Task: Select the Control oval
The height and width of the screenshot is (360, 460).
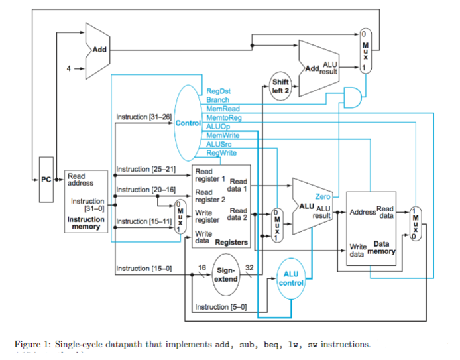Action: (188, 124)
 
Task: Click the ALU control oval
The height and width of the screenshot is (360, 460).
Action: (290, 278)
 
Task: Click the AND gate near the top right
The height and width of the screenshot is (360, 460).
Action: (351, 98)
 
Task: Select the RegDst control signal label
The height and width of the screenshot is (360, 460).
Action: (218, 90)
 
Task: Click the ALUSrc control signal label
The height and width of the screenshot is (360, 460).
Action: (219, 143)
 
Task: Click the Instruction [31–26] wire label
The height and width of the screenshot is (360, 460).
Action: (143, 117)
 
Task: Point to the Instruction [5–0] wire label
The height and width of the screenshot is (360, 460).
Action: (220, 307)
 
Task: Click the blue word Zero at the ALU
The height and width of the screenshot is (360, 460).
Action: (323, 197)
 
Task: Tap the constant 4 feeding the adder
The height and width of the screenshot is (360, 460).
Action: (68, 68)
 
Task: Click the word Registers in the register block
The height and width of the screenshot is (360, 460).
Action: (231, 243)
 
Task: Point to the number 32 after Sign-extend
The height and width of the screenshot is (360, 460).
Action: (249, 268)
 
